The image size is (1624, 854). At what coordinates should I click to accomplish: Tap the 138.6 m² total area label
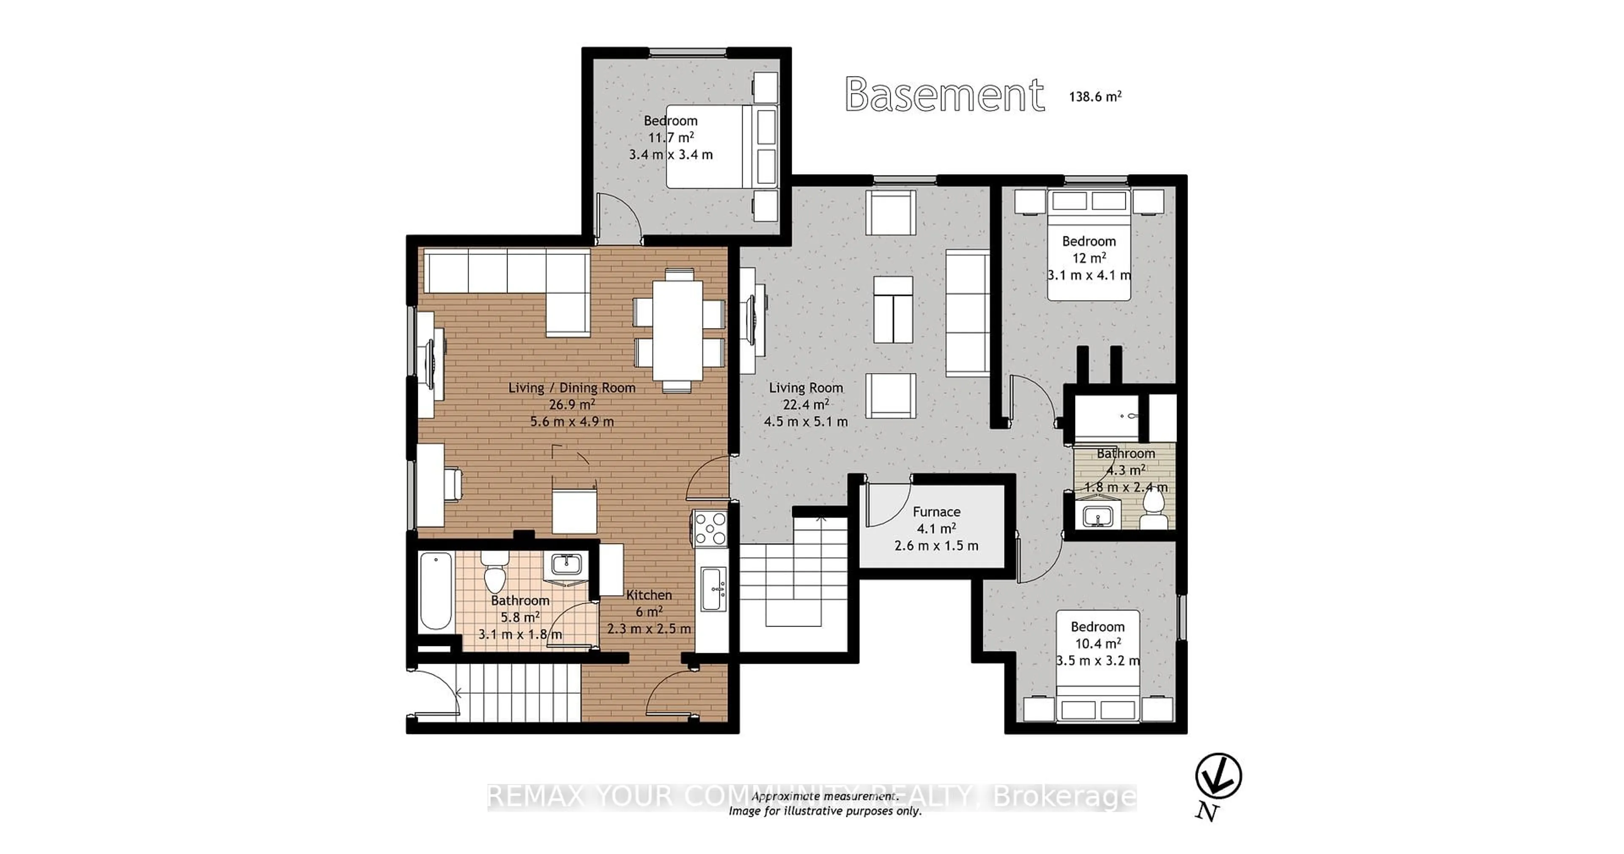point(1095,96)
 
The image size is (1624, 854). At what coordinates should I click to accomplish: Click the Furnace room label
point(936,512)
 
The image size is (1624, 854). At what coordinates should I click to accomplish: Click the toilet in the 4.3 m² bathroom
point(1153,509)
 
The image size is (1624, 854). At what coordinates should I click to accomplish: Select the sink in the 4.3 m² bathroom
point(1098,515)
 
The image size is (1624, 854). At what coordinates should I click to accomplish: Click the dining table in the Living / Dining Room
point(677,330)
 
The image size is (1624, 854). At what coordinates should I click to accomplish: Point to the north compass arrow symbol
point(1218,777)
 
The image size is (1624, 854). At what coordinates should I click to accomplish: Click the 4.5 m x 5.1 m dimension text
point(805,422)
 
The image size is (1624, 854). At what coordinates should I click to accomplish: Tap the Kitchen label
point(649,595)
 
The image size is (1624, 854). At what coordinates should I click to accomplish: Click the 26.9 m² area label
point(571,405)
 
